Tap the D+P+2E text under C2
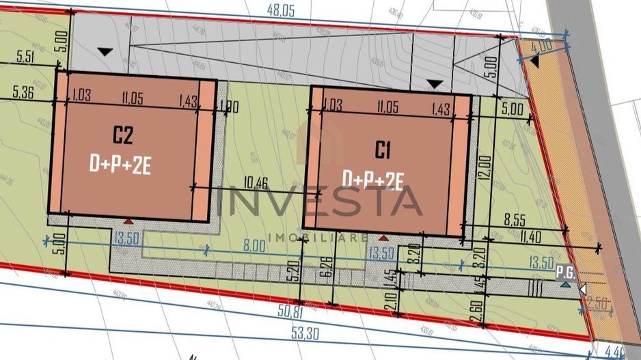pyautogui.click(x=122, y=164)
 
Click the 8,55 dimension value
pyautogui.click(x=515, y=221)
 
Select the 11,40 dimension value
pyautogui.click(x=530, y=236)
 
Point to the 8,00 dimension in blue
pyautogui.click(x=255, y=245)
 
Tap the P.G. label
pyautogui.click(x=564, y=271)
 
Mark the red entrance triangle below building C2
pyautogui.click(x=128, y=221)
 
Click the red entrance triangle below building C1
pyautogui.click(x=384, y=238)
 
